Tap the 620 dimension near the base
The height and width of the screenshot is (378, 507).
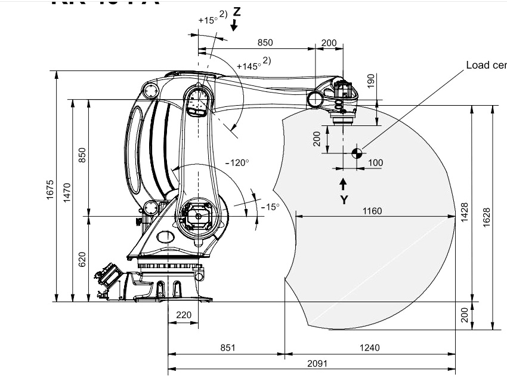click(x=83, y=259)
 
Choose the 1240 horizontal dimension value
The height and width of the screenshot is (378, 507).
click(x=370, y=348)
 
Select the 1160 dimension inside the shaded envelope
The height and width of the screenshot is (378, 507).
click(x=372, y=210)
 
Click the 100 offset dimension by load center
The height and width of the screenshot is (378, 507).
click(x=375, y=163)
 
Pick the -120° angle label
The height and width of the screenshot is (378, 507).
click(x=237, y=162)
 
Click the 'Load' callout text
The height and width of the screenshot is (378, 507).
click(x=478, y=65)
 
